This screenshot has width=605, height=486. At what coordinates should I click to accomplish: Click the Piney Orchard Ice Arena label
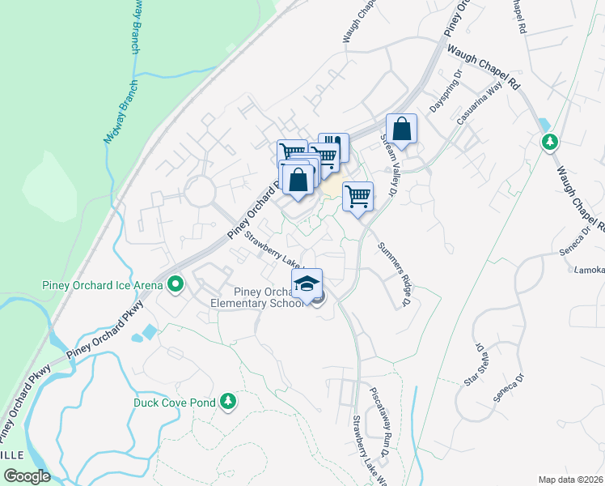coord(101,284)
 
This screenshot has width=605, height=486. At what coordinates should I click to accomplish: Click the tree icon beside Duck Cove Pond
coord(229,401)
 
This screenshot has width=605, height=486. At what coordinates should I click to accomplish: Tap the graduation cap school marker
coord(307,283)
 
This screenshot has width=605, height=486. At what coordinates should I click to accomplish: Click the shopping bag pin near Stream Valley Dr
coord(401,129)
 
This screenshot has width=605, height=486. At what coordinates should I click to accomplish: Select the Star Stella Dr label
coord(473,364)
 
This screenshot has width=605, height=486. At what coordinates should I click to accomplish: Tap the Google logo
coord(27,476)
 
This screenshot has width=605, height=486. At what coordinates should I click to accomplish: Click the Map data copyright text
coord(570,480)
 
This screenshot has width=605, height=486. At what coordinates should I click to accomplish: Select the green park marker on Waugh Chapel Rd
coord(550,143)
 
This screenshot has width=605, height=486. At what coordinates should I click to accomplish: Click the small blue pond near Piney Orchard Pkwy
coord(150,331)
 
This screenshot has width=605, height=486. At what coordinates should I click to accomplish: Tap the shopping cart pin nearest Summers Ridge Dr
coord(357,196)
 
